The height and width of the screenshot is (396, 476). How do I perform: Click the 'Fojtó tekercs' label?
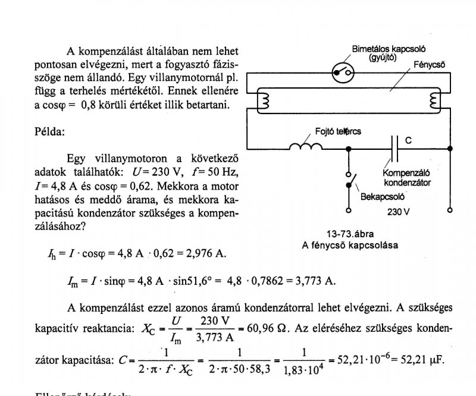coord(337,131)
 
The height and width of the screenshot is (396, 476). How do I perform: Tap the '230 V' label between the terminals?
coord(398,212)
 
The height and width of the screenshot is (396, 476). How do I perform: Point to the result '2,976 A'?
coord(204,254)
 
